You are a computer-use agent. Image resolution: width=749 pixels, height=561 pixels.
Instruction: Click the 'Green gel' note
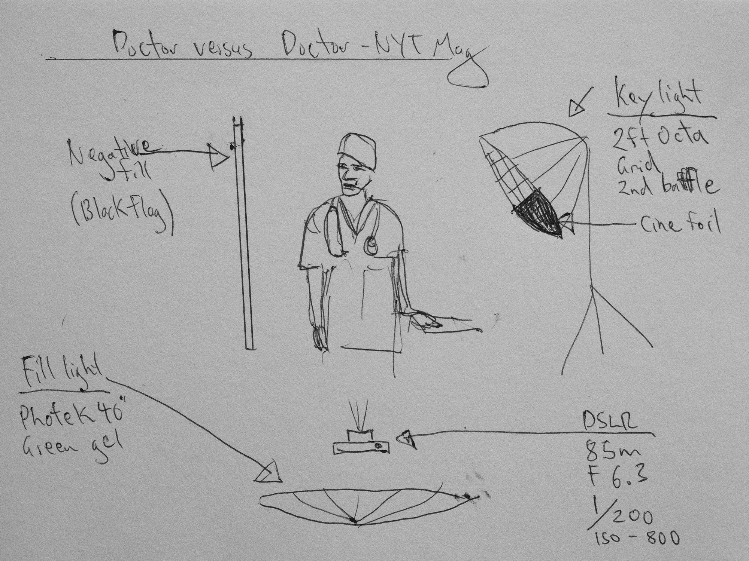[x=73, y=445]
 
